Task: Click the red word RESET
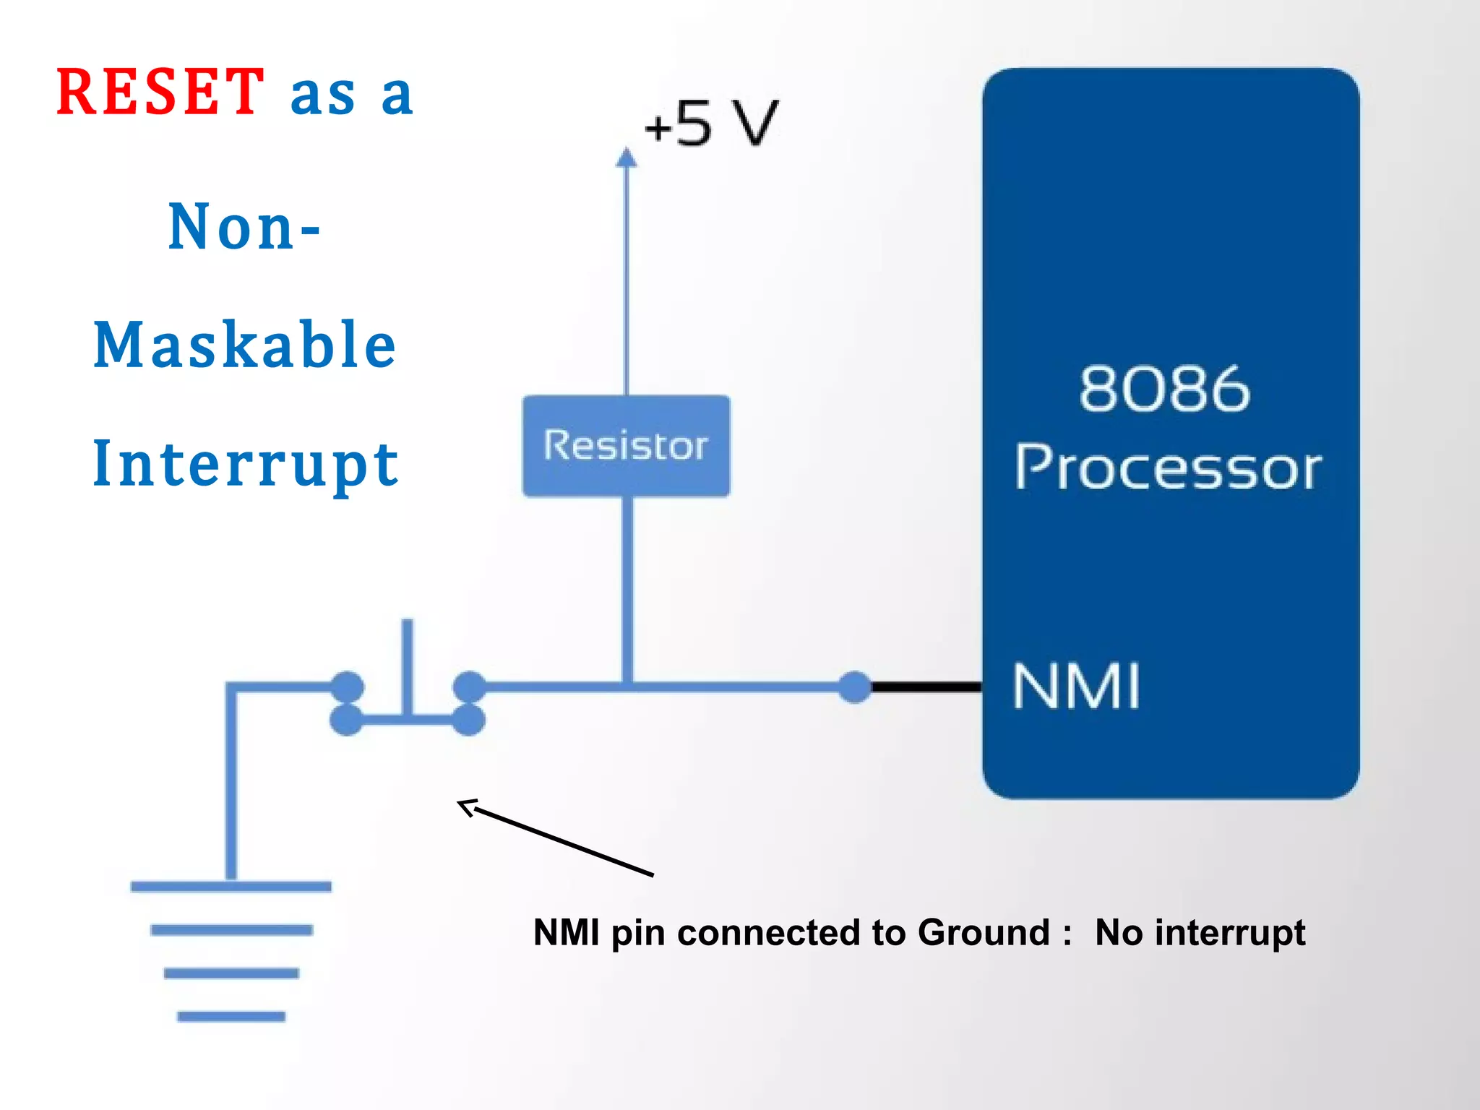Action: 160,92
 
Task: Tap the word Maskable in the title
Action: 245,345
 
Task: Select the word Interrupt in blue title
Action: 246,464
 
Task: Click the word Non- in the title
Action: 244,227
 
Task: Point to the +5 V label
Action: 712,124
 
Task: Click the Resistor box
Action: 626,446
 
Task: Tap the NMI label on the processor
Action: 1076,687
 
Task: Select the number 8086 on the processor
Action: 1164,390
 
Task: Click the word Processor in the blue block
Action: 1168,468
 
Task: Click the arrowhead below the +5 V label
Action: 627,158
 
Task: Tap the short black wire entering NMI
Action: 926,687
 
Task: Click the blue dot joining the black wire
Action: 855,687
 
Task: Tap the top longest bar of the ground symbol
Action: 231,887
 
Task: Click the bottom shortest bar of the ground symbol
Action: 231,1017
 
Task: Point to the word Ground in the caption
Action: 983,932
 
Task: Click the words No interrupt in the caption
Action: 1200,932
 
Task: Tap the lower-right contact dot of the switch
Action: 469,720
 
